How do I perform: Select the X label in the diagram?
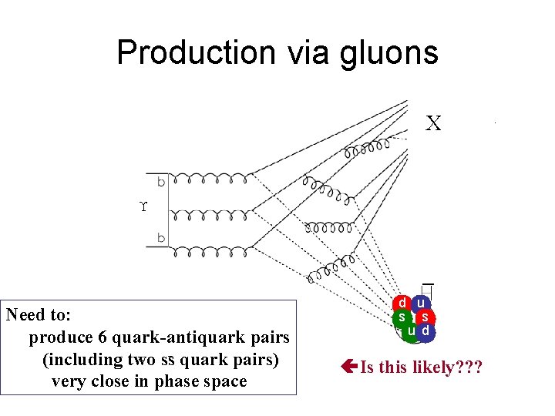434,123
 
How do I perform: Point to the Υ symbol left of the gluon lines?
143,207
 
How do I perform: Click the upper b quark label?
161,183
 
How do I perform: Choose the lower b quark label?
161,238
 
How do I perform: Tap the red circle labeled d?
402,304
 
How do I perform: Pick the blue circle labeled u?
421,304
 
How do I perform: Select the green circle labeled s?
402,317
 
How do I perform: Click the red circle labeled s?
426,317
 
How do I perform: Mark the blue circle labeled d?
425,331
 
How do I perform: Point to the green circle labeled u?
410,331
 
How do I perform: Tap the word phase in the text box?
175,381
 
